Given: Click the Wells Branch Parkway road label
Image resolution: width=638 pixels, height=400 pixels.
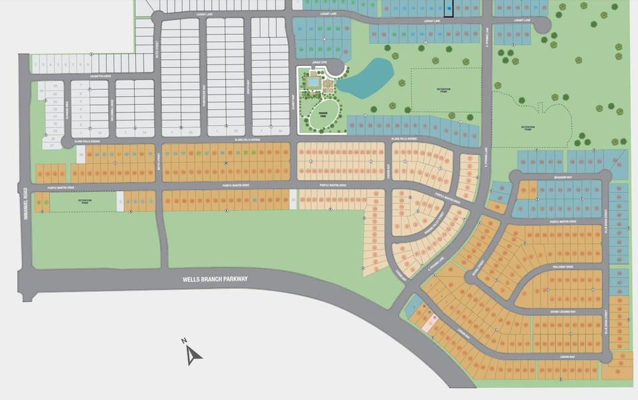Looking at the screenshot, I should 214,279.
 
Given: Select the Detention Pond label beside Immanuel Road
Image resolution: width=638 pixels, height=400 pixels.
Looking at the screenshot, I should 84,200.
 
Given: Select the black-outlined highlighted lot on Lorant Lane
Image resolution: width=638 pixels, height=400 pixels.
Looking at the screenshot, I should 449,8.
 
